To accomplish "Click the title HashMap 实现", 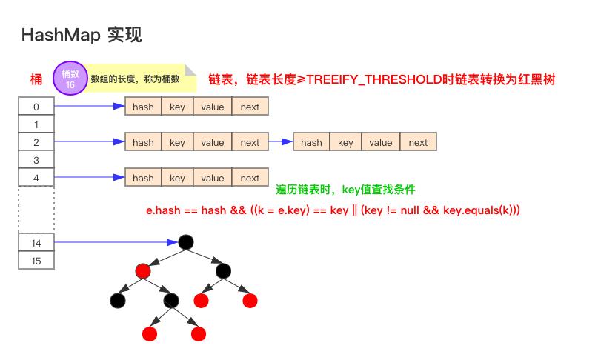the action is [x=82, y=34].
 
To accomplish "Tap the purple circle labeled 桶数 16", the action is [x=70, y=79].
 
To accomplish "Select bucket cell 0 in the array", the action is [x=36, y=107].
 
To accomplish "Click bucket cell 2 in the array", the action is [x=36, y=141].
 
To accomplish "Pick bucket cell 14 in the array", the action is [x=36, y=242].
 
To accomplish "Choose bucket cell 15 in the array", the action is [x=36, y=260].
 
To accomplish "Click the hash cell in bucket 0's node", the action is [x=143, y=107].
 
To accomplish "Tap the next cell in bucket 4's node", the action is [x=250, y=178].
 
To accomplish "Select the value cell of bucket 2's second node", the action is [x=381, y=142].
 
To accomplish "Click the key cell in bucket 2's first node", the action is [x=177, y=142].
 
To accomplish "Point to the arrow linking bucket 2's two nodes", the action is [x=280, y=141].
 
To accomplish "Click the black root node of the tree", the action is [x=185, y=242].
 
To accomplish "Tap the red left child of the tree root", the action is [x=143, y=270].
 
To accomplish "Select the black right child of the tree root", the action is [x=224, y=270].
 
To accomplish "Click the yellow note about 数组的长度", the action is [x=136, y=78].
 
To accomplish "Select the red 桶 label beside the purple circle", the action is [x=36, y=79].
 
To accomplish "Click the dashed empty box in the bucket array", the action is [x=36, y=209].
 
